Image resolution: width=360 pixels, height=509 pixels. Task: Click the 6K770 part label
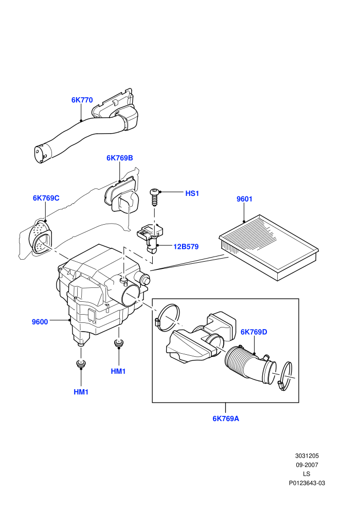pyautogui.click(x=82, y=100)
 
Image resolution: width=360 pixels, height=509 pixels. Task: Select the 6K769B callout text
pyautogui.click(x=119, y=158)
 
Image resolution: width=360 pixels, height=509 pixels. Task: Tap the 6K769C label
pyautogui.click(x=46, y=198)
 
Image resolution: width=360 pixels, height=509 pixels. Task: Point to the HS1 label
pyautogui.click(x=192, y=193)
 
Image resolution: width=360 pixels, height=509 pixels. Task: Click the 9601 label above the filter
pyautogui.click(x=244, y=199)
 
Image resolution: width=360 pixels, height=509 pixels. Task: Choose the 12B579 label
pyautogui.click(x=186, y=247)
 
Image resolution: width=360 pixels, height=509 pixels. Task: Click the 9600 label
pyautogui.click(x=40, y=322)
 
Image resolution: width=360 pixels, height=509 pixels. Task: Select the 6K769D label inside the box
pyautogui.click(x=254, y=332)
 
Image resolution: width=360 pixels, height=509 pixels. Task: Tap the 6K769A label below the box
pyautogui.click(x=226, y=419)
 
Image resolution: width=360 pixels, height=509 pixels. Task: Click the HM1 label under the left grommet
pyautogui.click(x=81, y=392)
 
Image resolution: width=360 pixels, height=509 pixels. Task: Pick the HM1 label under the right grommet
pyautogui.click(x=118, y=371)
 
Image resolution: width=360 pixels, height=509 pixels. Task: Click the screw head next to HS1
pyautogui.click(x=154, y=192)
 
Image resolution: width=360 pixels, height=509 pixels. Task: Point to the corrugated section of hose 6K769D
pyautogui.click(x=239, y=362)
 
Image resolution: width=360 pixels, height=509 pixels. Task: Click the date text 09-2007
pyautogui.click(x=307, y=465)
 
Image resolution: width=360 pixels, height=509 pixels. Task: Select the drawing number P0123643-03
pyautogui.click(x=307, y=483)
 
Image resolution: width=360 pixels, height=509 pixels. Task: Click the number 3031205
pyautogui.click(x=307, y=456)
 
